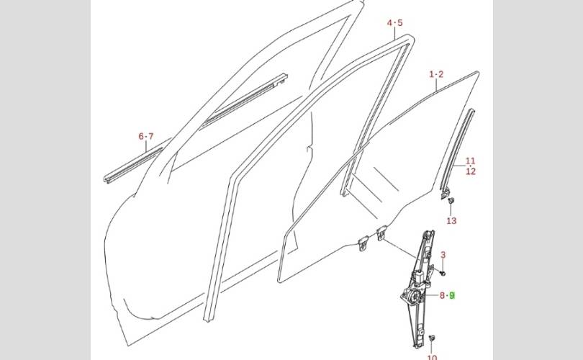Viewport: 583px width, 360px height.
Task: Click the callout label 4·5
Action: point(395,23)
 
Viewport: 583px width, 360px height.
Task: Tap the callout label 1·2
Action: point(436,74)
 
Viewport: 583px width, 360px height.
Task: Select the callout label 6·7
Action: point(146,136)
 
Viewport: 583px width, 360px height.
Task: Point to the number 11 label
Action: point(470,161)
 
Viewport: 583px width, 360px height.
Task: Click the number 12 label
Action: point(470,171)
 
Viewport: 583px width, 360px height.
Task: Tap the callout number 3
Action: point(443,255)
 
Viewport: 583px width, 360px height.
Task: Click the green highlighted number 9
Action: point(452,295)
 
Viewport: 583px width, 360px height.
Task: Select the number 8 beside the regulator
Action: point(442,295)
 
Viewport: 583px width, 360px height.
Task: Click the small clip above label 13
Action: point(451,202)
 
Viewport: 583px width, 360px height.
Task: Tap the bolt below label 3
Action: point(442,273)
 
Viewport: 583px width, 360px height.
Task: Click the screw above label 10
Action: point(431,338)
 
